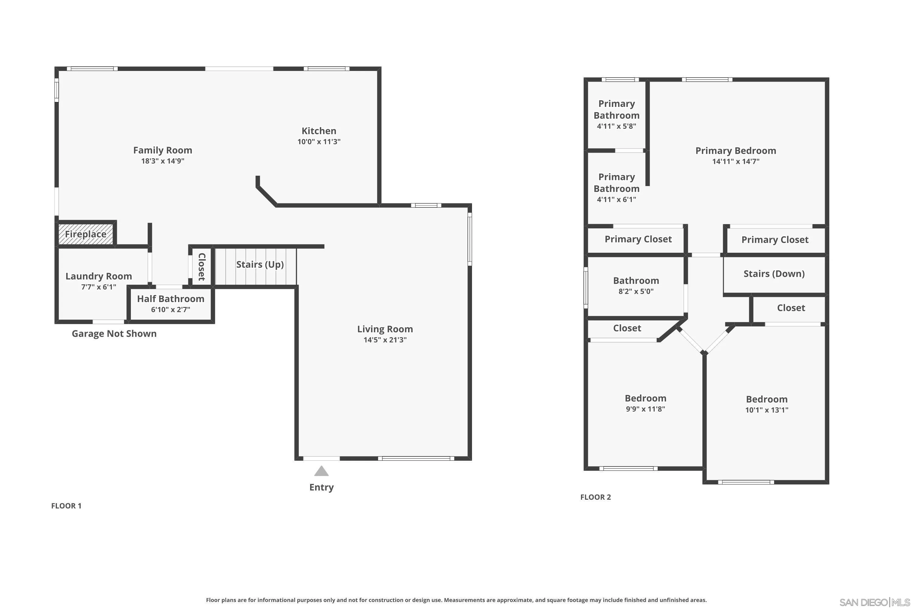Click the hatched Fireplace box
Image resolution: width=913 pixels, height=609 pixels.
pos(86,234)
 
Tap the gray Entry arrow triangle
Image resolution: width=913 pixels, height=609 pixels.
pos(321,471)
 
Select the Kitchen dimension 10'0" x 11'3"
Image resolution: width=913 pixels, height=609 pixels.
pos(319,142)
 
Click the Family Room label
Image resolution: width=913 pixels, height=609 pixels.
pos(162,150)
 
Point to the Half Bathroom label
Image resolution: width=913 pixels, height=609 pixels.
pos(170,299)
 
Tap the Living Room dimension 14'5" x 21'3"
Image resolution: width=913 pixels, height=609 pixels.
pos(385,340)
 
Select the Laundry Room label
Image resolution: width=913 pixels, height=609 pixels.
pos(99,276)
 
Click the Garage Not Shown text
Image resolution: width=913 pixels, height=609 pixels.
pos(114,334)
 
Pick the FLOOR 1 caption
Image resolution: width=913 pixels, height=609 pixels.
pos(66,506)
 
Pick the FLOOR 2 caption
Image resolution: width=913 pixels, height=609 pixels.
pos(596,497)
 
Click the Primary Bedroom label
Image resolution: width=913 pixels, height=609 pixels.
pos(736,151)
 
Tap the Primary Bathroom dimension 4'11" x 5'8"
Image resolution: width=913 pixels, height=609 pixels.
pos(617,126)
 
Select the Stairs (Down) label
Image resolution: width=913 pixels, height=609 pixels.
pos(774,274)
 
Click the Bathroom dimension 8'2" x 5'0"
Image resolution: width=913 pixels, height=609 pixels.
pos(636,291)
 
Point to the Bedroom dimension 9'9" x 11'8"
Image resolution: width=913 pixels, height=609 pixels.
pos(645,409)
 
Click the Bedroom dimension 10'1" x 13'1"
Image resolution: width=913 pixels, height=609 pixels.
pos(767,410)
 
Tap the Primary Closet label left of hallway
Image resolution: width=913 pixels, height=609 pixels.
pos(638,239)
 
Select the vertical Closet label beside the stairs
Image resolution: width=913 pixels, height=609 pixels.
pos(201,267)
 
